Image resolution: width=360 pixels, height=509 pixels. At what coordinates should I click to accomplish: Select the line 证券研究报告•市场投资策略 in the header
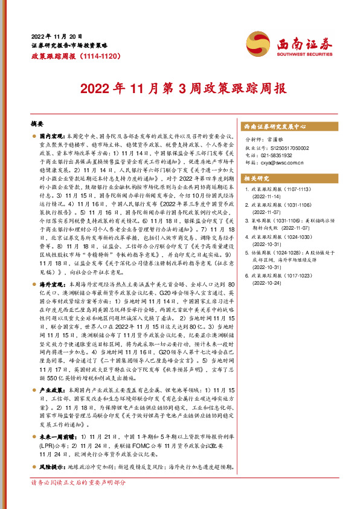coord(69,45)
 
